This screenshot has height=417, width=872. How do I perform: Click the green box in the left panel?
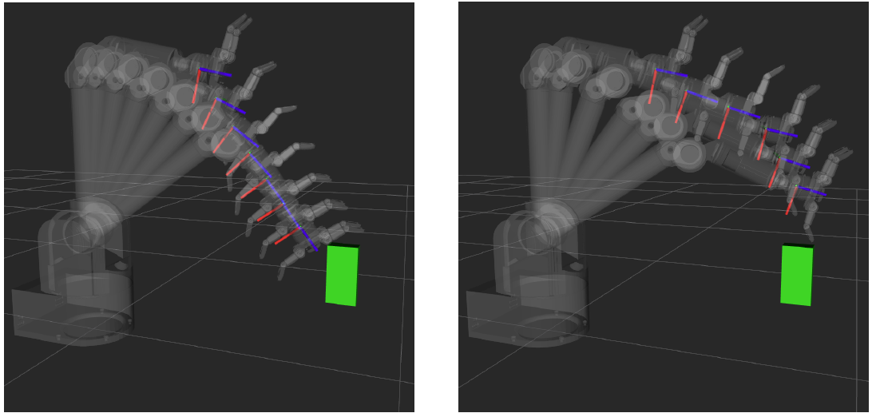(342, 276)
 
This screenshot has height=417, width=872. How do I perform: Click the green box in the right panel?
(796, 276)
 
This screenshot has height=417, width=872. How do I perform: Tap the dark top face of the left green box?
(343, 245)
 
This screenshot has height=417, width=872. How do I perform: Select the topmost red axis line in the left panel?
(196, 86)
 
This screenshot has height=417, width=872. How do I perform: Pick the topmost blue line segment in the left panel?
(216, 72)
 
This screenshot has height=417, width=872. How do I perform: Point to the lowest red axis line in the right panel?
(790, 205)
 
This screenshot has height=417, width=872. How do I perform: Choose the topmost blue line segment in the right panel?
(672, 73)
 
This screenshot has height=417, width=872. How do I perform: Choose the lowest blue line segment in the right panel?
(813, 192)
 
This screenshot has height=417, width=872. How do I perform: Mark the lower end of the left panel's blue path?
(315, 248)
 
